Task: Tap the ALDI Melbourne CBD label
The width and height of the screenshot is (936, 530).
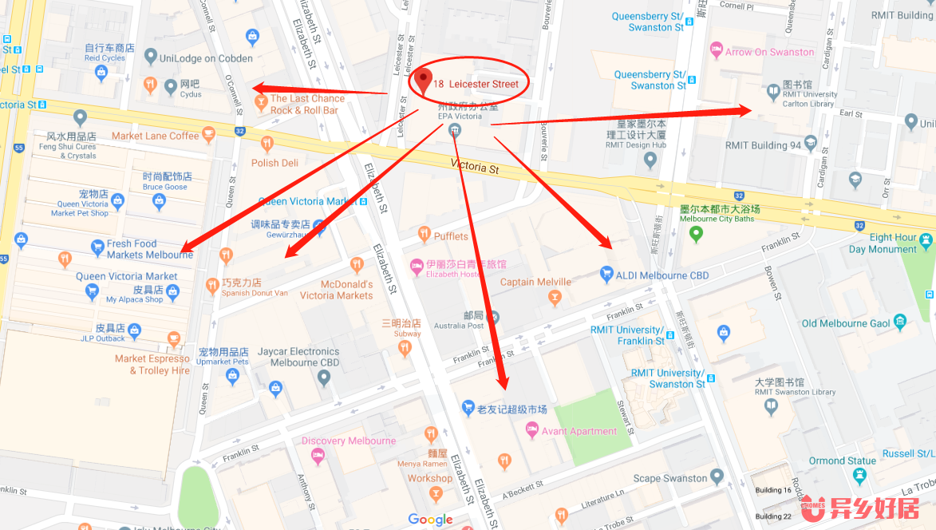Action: tap(662, 275)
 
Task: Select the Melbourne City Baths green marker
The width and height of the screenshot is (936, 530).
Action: tap(696, 234)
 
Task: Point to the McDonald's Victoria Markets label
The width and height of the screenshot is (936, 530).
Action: tap(336, 290)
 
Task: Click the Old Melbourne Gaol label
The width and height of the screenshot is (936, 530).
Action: tap(845, 323)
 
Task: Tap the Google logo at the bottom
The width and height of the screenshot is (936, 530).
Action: tap(430, 520)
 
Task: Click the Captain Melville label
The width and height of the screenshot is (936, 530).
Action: tap(535, 282)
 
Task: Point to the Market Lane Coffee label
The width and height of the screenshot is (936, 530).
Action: tap(155, 136)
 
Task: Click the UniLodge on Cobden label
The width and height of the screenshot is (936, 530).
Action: tap(206, 58)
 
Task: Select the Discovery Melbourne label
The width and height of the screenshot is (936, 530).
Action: tap(348, 441)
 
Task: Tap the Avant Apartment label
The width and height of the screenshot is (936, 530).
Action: tap(579, 431)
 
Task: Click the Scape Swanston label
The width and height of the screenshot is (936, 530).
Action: tap(670, 479)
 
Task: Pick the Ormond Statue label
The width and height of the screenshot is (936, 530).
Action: tap(842, 461)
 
